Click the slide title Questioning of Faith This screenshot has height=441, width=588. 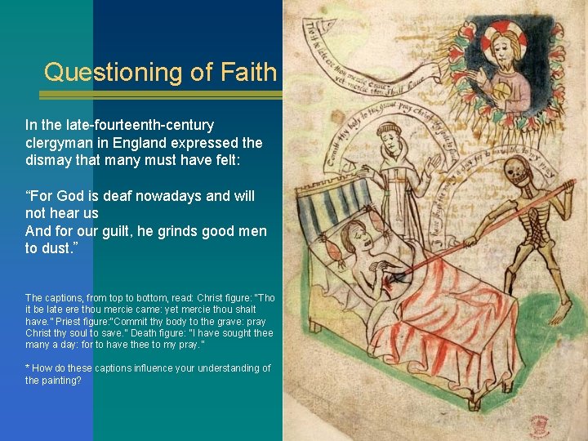161,72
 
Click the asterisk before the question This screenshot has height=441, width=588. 28,369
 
